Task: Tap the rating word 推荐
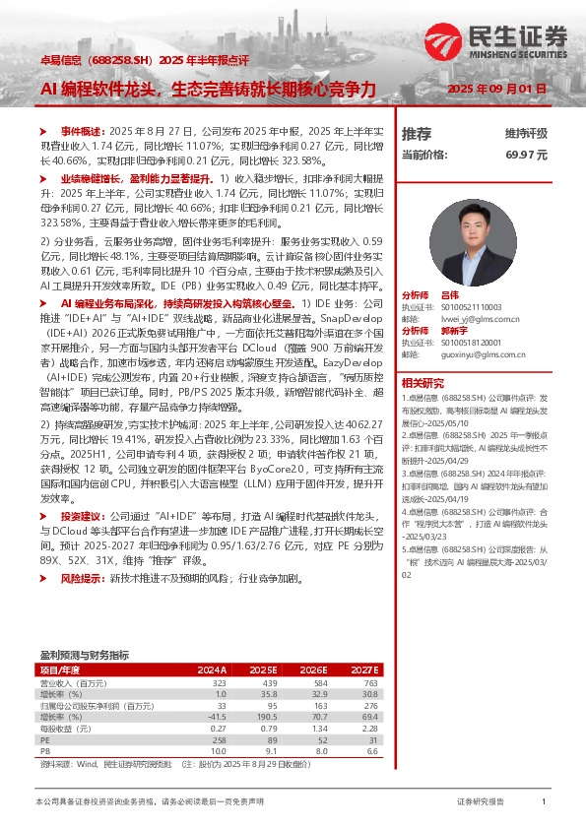(x=417, y=133)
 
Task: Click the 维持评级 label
(x=526, y=133)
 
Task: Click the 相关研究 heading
(x=422, y=383)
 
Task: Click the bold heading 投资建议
(x=81, y=516)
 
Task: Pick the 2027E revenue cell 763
(x=370, y=682)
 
